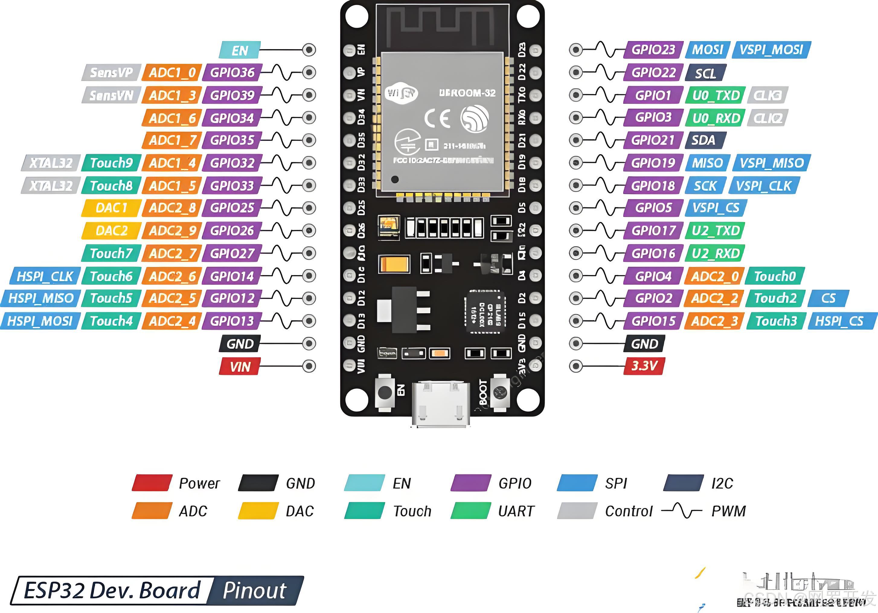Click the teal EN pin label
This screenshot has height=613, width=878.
click(x=240, y=50)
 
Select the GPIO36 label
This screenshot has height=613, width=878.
click(x=232, y=72)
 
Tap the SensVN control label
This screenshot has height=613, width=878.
click(x=111, y=95)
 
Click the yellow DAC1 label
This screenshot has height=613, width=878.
click(x=111, y=208)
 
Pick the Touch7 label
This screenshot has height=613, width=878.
click(x=111, y=253)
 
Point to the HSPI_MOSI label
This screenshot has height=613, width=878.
click(x=40, y=321)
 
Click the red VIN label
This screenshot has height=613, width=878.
click(x=240, y=367)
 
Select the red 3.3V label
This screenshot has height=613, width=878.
click(x=644, y=366)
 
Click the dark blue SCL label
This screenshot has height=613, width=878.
click(x=705, y=73)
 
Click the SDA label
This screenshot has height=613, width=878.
click(x=703, y=140)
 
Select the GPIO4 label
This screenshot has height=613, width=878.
click(x=653, y=275)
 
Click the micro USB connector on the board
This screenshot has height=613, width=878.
click(x=441, y=403)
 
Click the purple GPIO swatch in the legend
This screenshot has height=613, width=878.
click(x=471, y=483)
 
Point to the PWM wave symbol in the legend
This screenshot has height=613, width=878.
click(x=682, y=510)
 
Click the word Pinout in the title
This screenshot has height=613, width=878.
click(x=254, y=590)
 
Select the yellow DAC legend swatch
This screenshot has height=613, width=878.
click(x=258, y=510)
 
